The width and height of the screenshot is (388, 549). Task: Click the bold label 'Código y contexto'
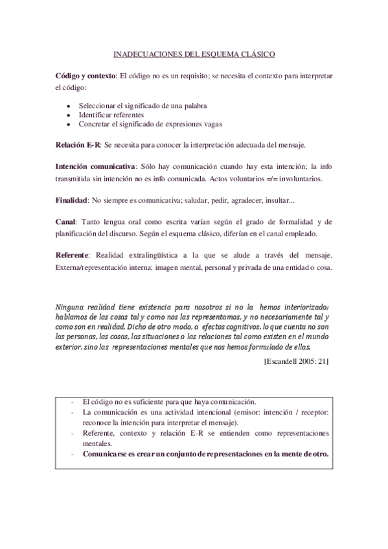point(86,76)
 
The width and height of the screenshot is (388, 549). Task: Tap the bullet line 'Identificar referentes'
point(111,115)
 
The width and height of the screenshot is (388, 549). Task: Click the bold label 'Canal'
point(65,222)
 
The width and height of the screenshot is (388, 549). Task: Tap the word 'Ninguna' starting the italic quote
point(71,306)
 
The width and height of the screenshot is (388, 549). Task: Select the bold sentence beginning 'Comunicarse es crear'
point(205,454)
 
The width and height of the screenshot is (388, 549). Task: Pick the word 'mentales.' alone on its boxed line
point(97,444)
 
